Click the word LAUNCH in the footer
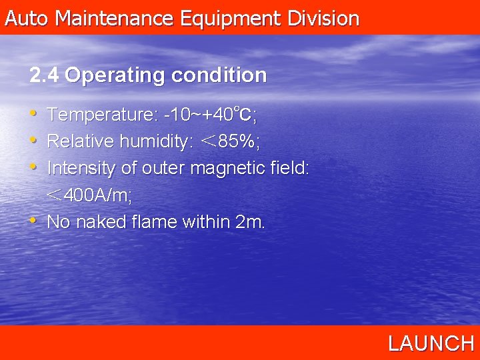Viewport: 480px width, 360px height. click(x=431, y=343)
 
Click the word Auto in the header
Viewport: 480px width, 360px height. click(x=27, y=18)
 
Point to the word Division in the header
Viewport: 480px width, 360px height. click(x=323, y=18)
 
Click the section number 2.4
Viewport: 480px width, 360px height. click(x=44, y=75)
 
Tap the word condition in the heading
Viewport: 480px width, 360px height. click(x=219, y=75)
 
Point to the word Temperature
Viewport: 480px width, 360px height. click(x=102, y=115)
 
